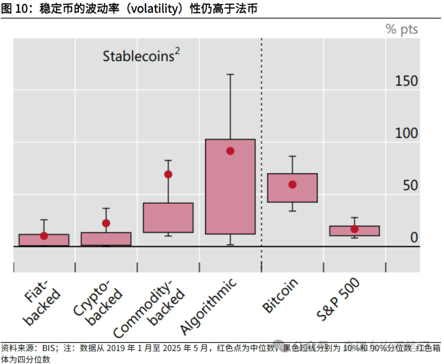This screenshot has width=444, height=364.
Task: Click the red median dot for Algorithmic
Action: coord(230,151)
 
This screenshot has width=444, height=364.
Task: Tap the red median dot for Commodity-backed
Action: coord(168,174)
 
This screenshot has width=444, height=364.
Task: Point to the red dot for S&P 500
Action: coord(354,229)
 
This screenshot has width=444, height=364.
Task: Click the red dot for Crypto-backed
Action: coord(106,223)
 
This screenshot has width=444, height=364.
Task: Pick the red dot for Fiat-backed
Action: coord(44,236)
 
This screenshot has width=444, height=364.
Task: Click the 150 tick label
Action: coord(406,81)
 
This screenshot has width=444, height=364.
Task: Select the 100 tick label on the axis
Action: coord(406,133)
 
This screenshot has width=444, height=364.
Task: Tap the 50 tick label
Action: coord(410,185)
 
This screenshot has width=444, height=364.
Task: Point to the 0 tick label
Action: coord(414,238)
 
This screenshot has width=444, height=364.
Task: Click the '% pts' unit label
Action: coord(401,29)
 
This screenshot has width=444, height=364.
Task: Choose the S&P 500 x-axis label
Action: coord(338,299)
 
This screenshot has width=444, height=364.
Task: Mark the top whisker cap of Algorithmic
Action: coord(230,74)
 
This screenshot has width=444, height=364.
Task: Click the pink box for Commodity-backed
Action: coord(168,218)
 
